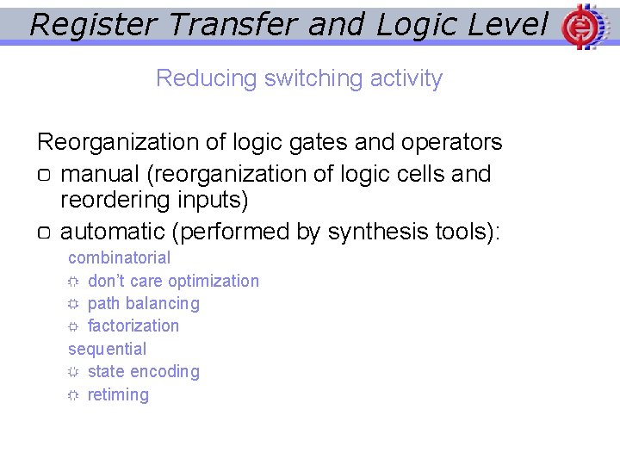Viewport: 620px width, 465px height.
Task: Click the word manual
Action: click(x=101, y=174)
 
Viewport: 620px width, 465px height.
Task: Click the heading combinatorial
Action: click(x=120, y=257)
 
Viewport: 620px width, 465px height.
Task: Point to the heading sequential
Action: click(x=108, y=349)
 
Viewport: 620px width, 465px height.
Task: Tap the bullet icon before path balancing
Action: click(x=73, y=304)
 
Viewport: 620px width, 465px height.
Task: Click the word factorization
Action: click(x=133, y=325)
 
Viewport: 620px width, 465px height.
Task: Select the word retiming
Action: click(x=118, y=394)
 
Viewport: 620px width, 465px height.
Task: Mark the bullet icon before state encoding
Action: click(x=73, y=372)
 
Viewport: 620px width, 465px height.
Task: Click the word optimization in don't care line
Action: click(x=214, y=281)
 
